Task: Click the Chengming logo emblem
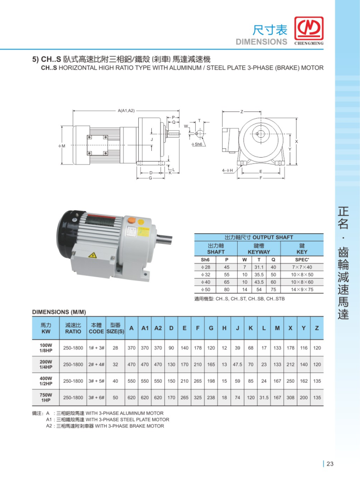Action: pos(309,28)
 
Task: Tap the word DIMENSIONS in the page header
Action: pos(261,42)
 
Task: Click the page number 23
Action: pos(330,464)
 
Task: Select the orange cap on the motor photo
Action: pos(131,220)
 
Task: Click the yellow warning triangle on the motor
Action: pos(93,255)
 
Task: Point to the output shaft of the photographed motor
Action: pos(164,239)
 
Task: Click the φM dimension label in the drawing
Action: pos(62,146)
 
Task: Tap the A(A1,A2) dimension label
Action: pos(126,111)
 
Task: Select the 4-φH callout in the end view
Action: pos(227,170)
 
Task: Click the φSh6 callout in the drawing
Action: pos(197,144)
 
